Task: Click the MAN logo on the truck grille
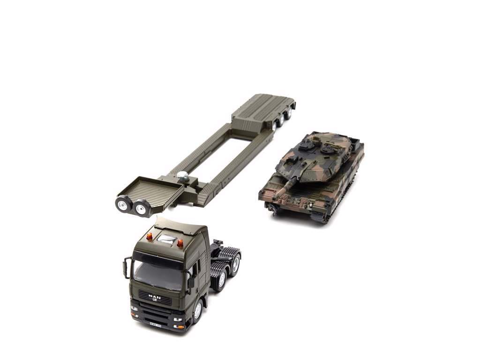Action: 154,296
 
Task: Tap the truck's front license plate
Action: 155,323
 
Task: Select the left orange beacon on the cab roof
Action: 150,237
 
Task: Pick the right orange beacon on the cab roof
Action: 180,243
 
